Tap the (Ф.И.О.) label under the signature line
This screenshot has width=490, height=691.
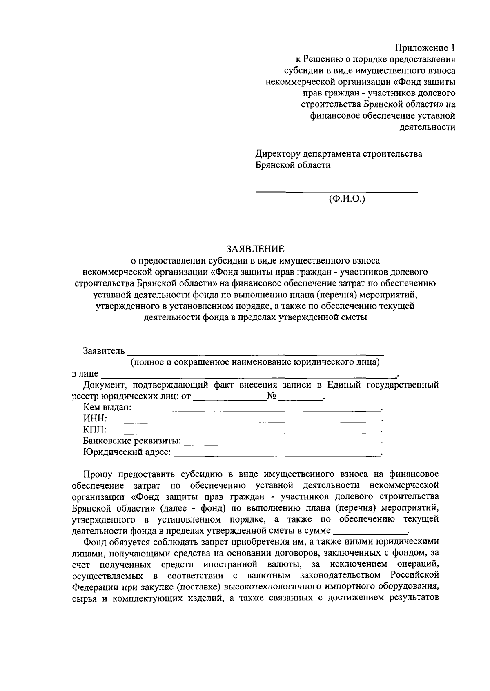coord(347,199)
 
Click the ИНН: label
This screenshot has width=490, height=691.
coord(95,419)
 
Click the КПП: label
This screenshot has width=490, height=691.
coord(95,430)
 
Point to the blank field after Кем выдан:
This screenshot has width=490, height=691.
coord(256,408)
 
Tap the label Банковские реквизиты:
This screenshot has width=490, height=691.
coord(132,441)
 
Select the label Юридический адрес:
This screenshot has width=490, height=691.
coord(127,452)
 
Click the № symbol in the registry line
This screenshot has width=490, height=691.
coord(272,396)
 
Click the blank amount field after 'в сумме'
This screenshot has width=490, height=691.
coord(370,532)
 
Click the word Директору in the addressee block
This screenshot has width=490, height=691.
coord(278,154)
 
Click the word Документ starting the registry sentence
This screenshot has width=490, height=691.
coord(105,385)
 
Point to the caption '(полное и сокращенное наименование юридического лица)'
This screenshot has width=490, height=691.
coord(255,362)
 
